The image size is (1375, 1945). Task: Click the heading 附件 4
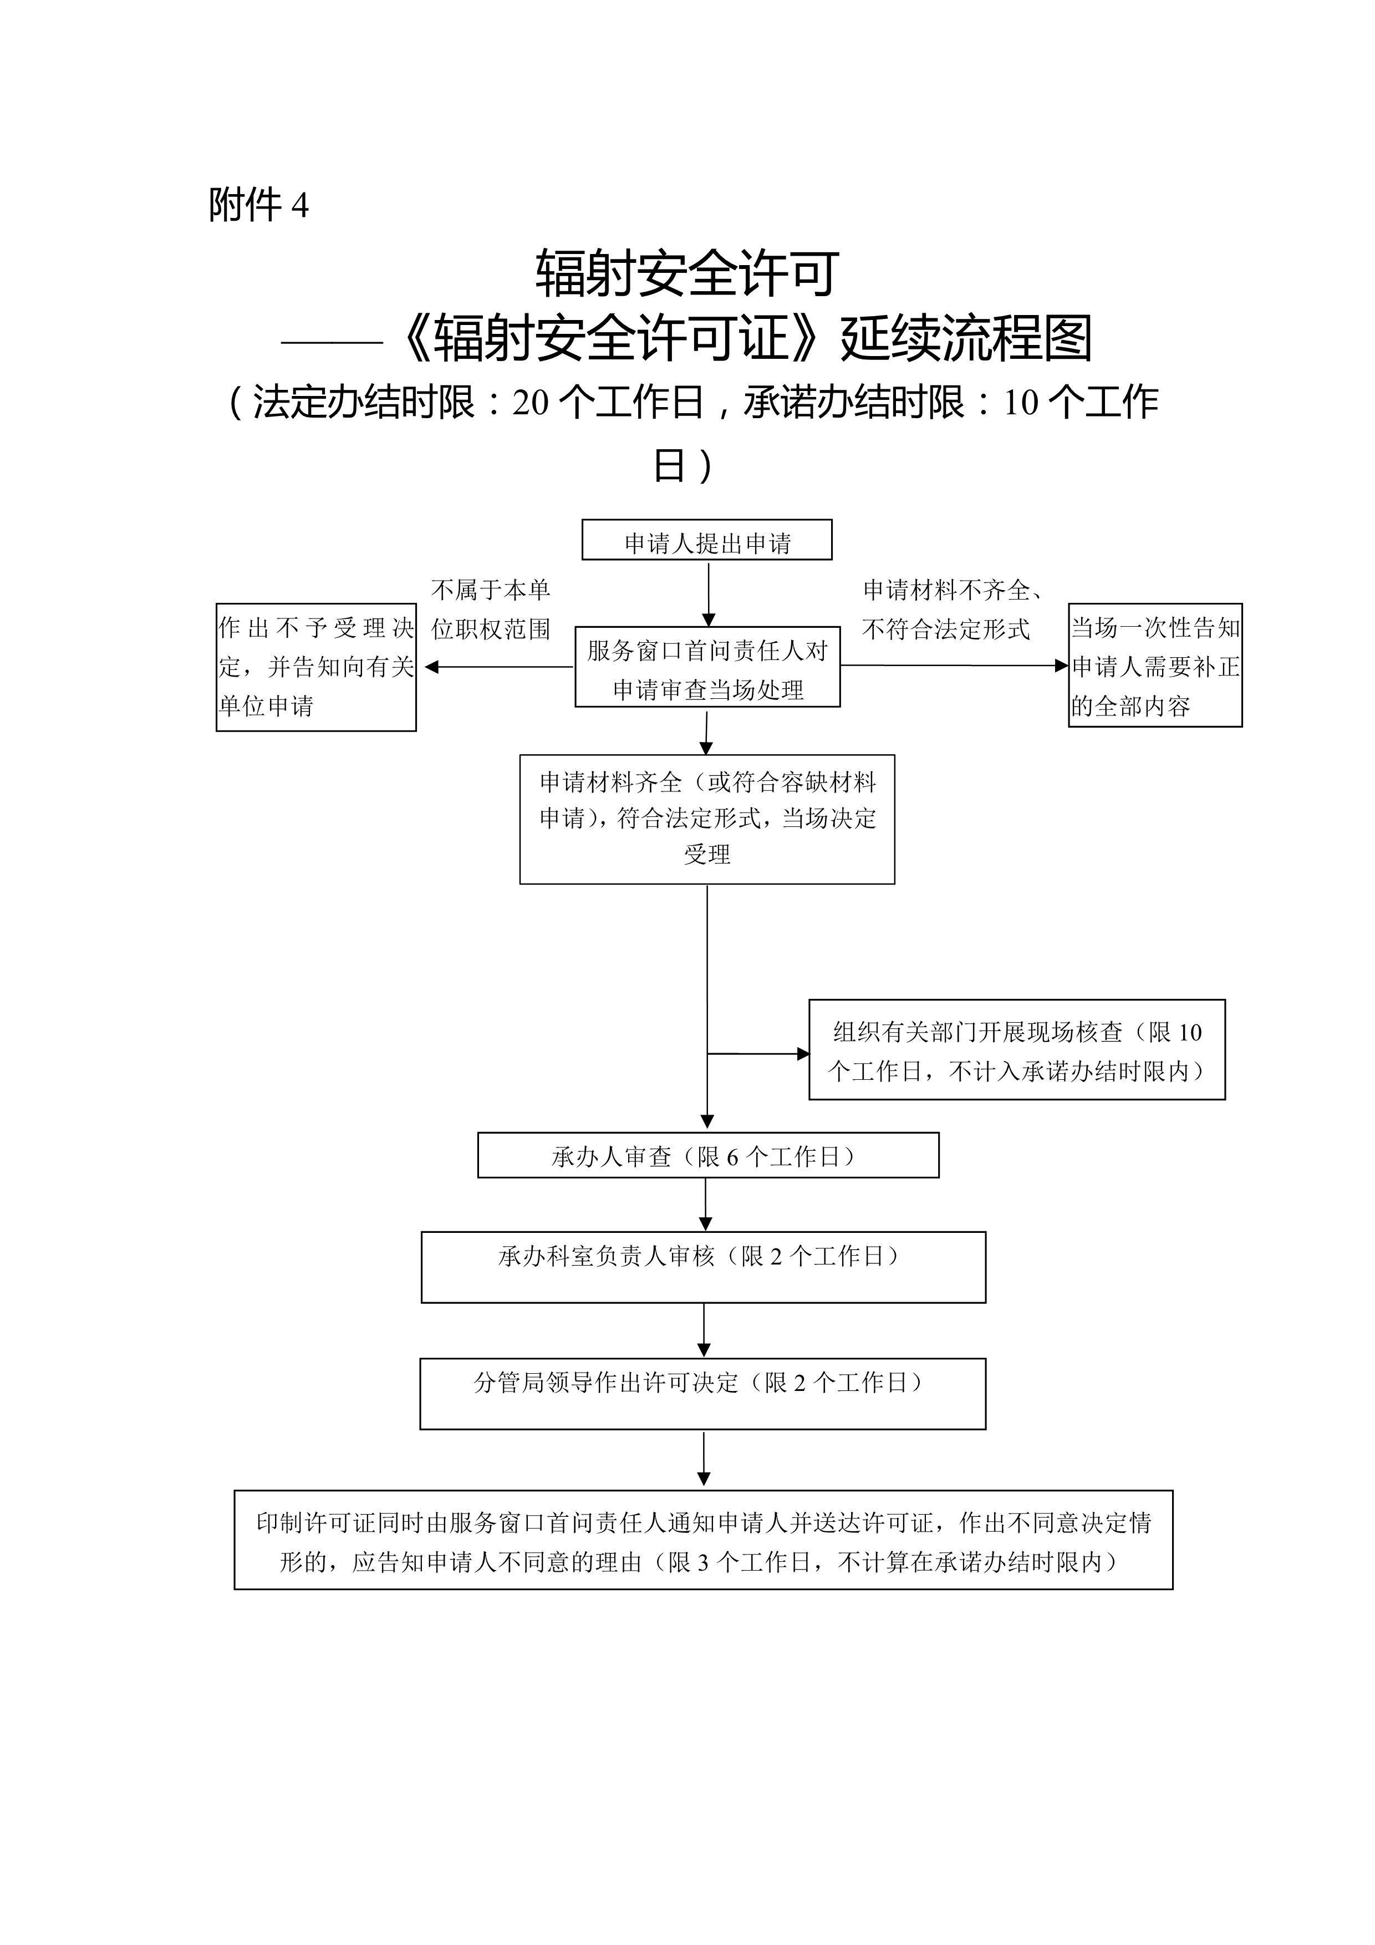pyautogui.click(x=258, y=205)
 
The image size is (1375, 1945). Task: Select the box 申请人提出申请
pyautogui.click(x=707, y=540)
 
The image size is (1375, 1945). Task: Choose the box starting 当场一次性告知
pyautogui.click(x=1155, y=665)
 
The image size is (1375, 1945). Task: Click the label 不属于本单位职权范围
pyautogui.click(x=491, y=609)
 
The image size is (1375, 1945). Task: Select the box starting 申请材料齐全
pyautogui.click(x=707, y=819)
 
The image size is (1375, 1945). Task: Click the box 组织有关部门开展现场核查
pyautogui.click(x=1017, y=1049)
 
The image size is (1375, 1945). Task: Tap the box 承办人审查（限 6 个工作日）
pyautogui.click(x=708, y=1155)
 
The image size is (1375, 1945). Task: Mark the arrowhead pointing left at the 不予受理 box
pyautogui.click(x=431, y=667)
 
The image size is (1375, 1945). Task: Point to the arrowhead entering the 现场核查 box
pyautogui.click(x=803, y=1054)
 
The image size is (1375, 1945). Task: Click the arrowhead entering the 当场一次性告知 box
pyautogui.click(x=1062, y=666)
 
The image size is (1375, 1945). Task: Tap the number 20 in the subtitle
pyautogui.click(x=530, y=403)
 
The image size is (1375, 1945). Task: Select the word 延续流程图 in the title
pyautogui.click(x=966, y=338)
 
